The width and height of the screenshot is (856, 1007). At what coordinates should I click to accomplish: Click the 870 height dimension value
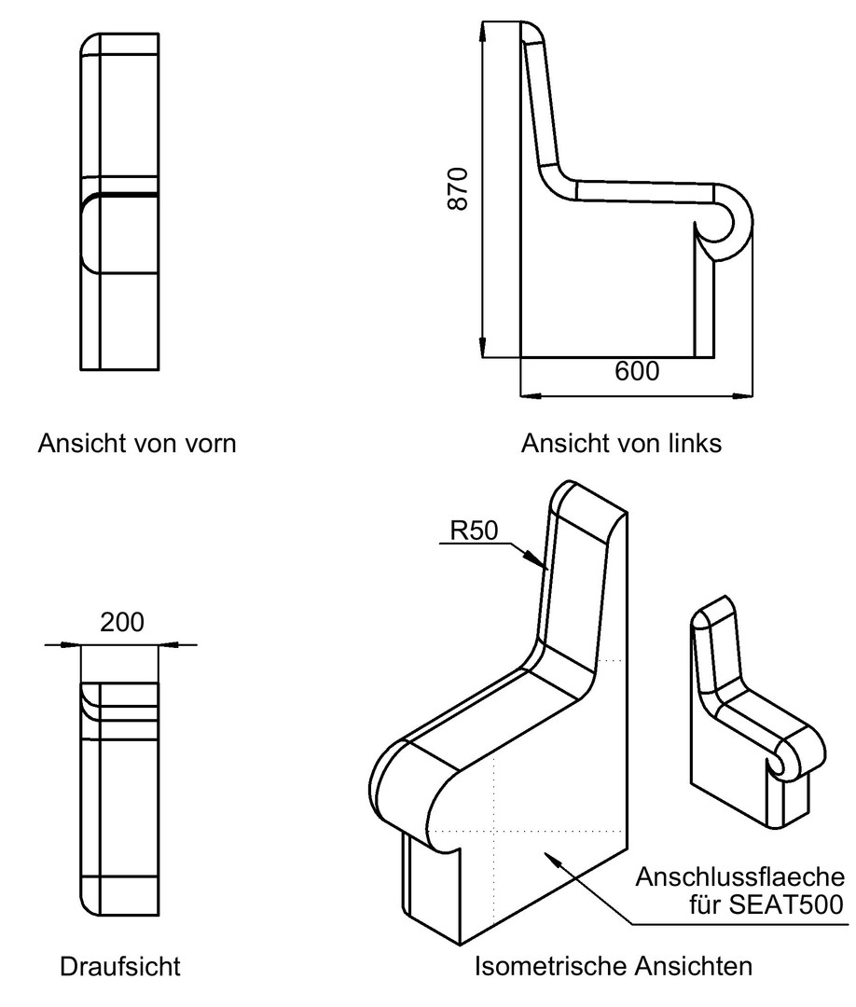458,188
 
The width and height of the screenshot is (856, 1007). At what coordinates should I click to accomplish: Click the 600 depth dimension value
636,371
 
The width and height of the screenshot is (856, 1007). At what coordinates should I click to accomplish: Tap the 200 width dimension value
122,622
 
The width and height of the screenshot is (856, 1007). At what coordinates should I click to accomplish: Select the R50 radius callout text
474,531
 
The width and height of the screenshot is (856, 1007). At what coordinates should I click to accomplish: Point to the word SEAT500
785,904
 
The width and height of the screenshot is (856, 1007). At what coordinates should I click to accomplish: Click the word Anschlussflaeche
739,876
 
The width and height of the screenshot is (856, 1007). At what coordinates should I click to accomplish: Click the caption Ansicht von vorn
137,443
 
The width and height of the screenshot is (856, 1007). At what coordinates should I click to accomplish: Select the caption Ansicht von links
621,443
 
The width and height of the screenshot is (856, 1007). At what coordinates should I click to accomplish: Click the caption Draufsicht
120,966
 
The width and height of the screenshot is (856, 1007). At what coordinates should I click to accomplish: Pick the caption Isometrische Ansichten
614,965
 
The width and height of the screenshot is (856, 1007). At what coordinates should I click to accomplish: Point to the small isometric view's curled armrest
800,758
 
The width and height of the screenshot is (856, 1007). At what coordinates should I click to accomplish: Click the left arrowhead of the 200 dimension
71,644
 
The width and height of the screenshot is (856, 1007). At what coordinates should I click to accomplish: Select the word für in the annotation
706,904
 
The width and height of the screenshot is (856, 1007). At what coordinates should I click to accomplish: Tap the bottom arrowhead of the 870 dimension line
482,346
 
